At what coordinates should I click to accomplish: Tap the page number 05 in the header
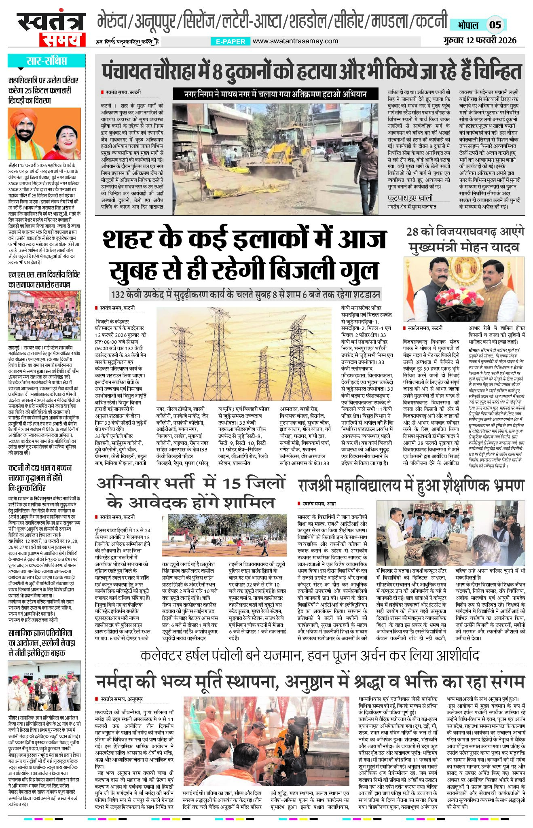tap(495, 25)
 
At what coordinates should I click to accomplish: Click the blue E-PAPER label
tap(231, 41)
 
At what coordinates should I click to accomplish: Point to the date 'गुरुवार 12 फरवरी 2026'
tap(479, 40)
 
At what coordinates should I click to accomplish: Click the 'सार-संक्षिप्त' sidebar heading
tap(47, 61)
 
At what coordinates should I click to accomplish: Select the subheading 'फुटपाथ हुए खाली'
tap(410, 198)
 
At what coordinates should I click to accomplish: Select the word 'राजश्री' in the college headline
tap(316, 486)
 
